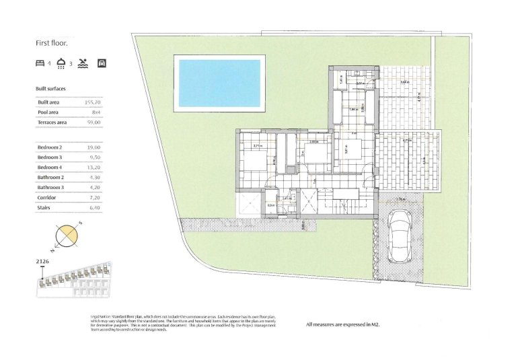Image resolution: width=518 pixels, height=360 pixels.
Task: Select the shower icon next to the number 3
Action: coord(62,64)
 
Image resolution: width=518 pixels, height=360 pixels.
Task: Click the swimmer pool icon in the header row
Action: coord(82,64)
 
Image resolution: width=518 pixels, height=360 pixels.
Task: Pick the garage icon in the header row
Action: coord(102,64)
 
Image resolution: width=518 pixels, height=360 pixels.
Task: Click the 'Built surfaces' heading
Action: coord(50,89)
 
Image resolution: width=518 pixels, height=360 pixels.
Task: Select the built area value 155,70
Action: coord(92,102)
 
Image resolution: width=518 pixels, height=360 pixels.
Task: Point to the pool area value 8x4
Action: coord(94,112)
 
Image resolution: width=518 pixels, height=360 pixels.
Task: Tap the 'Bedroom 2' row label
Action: coord(50,147)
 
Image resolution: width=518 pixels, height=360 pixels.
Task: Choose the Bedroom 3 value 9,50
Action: coord(94,157)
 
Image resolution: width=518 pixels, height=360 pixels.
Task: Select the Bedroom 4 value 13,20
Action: coord(93,167)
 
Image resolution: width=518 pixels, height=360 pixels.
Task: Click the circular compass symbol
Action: coord(67,235)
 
